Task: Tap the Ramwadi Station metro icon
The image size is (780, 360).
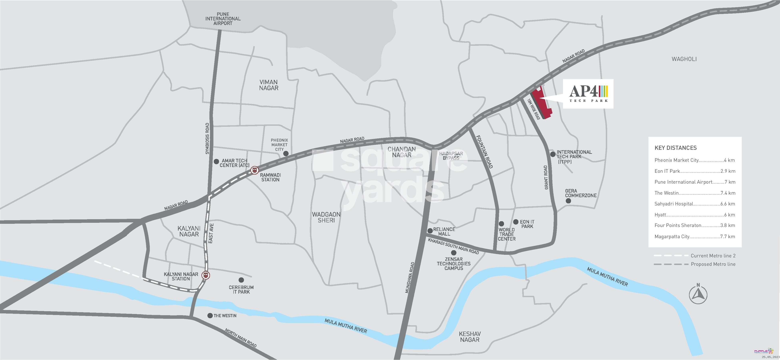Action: pos(255,170)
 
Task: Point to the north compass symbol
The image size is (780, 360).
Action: pos(698,294)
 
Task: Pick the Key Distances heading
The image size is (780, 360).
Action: pos(676,148)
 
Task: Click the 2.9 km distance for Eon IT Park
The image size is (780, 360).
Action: pos(728,171)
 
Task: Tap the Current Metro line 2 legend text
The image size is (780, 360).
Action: pos(713,256)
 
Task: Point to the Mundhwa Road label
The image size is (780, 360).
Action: pos(410,277)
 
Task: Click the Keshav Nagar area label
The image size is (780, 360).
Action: pos(470,337)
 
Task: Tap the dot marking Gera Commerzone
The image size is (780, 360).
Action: pos(568,201)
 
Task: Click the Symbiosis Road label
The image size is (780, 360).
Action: pos(207,138)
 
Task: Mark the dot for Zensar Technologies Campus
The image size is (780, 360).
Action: pos(454,253)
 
